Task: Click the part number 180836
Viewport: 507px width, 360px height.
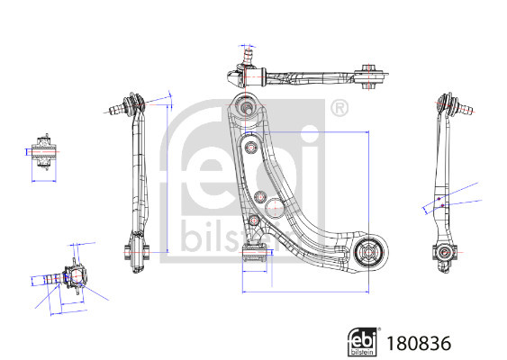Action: pyautogui.click(x=419, y=343)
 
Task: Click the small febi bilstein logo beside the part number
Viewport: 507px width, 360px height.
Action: pyautogui.click(x=362, y=342)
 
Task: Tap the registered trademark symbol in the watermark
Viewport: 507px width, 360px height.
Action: pyautogui.click(x=340, y=109)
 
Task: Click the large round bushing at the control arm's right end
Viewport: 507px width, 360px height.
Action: pyautogui.click(x=370, y=253)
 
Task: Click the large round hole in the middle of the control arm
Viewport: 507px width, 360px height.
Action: pyautogui.click(x=275, y=208)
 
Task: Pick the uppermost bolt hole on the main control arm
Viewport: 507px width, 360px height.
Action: pyautogui.click(x=251, y=148)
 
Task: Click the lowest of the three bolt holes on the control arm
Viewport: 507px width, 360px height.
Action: pyautogui.click(x=255, y=220)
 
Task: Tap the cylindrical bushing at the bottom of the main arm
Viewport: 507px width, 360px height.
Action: pyautogui.click(x=254, y=253)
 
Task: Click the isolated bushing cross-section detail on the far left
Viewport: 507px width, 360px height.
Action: pyautogui.click(x=43, y=151)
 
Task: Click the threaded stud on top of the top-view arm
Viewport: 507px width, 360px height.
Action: pyautogui.click(x=249, y=56)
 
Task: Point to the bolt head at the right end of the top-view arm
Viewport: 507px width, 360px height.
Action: pyautogui.click(x=368, y=68)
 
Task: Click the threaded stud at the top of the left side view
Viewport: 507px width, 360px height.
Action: pyautogui.click(x=115, y=109)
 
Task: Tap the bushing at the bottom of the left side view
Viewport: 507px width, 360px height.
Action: pyautogui.click(x=137, y=252)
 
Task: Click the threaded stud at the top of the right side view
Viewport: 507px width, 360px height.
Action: pyautogui.click(x=465, y=108)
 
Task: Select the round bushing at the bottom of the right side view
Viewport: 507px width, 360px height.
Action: pyautogui.click(x=444, y=251)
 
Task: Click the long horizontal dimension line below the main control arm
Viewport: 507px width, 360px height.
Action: pyautogui.click(x=305, y=292)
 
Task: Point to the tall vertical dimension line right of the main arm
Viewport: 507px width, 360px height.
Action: pyautogui.click(x=368, y=212)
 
